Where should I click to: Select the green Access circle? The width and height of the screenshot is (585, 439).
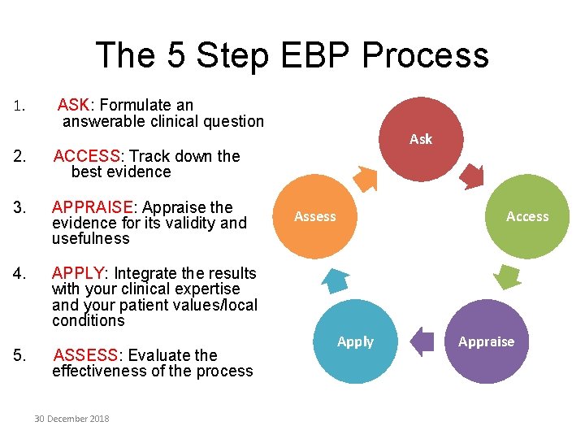[x=526, y=217]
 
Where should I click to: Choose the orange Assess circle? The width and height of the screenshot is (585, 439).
[x=314, y=217]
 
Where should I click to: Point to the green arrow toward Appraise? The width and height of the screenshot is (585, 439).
[x=508, y=277]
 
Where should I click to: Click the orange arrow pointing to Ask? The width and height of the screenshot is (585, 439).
[x=366, y=177]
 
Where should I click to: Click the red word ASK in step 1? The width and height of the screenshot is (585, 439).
[x=74, y=105]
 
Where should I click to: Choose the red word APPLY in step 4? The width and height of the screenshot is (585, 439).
[x=79, y=273]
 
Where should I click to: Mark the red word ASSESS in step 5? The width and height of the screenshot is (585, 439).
[x=85, y=355]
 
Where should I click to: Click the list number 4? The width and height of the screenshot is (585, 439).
[x=19, y=274]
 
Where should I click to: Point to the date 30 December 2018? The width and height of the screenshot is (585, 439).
[x=71, y=419]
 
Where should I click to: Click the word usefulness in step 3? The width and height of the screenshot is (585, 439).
[x=90, y=238]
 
